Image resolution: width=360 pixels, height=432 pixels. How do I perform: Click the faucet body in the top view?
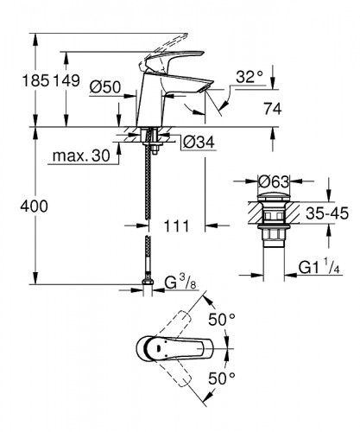coord(160,350)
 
